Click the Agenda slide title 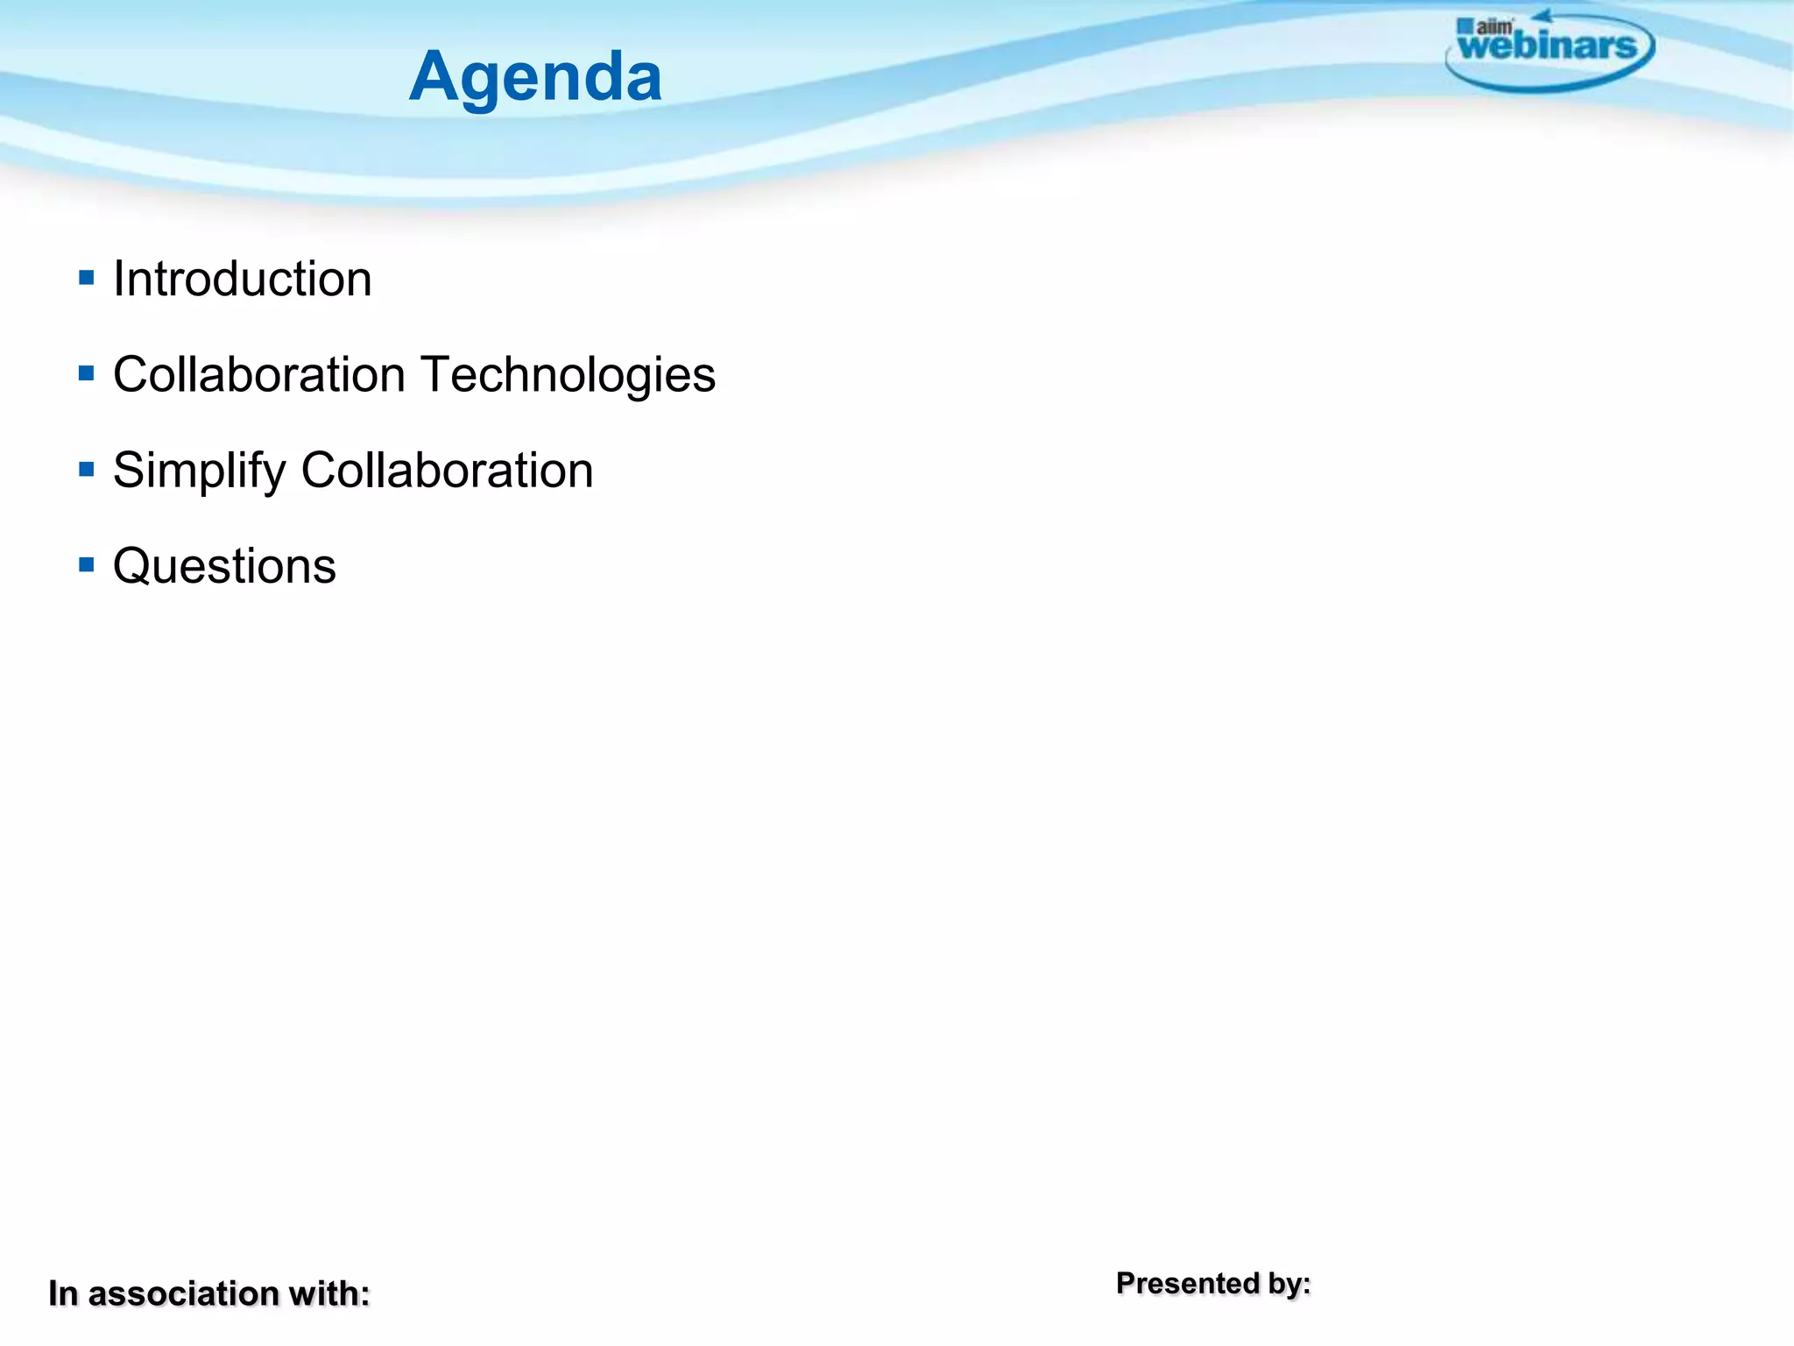[535, 77]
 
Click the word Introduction [243, 280]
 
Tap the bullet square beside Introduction [86, 279]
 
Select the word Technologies [569, 375]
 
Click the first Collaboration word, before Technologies [259, 375]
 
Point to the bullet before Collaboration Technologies [86, 374]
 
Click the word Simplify [199, 471]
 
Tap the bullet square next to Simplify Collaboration [86, 470]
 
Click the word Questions [224, 566]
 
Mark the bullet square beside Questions [86, 565]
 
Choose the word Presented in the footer [1187, 1284]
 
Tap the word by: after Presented [1289, 1285]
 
